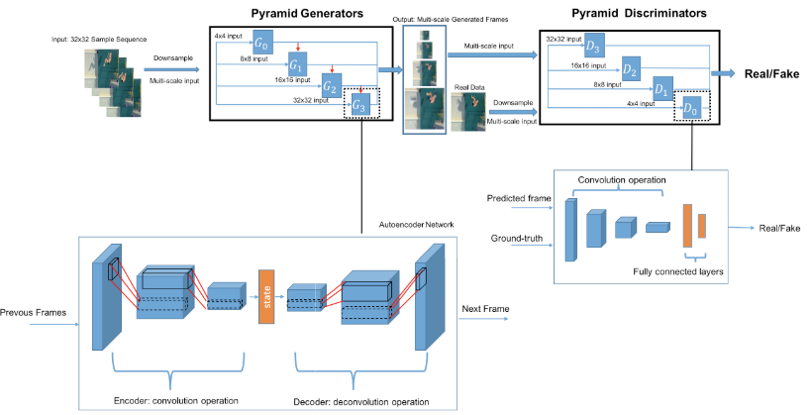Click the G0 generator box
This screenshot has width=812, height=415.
pos(263,45)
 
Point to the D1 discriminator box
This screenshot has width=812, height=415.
pos(663,88)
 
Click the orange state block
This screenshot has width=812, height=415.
pos(265,295)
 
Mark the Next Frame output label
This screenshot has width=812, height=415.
pos(485,309)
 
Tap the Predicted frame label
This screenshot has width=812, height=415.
pos(519,198)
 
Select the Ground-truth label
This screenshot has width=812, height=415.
pos(516,238)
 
